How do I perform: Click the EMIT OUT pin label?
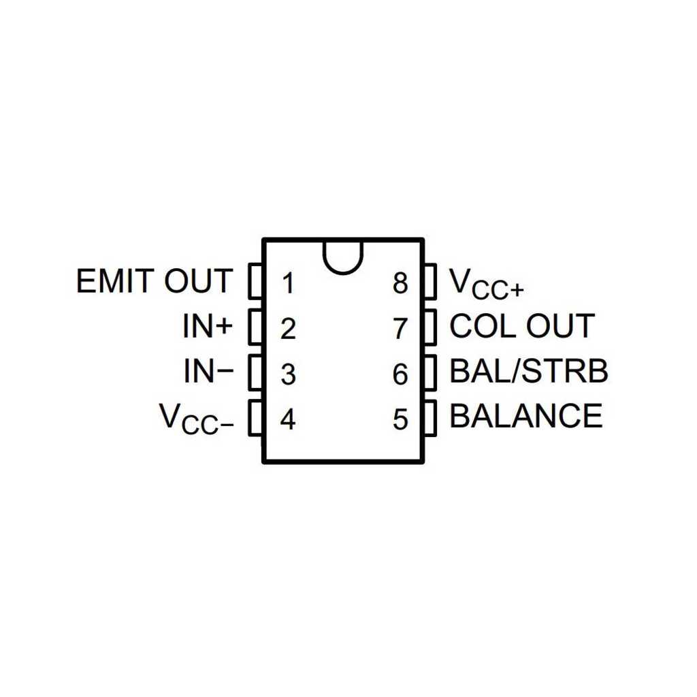pyautogui.click(x=155, y=281)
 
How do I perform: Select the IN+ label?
pyautogui.click(x=208, y=326)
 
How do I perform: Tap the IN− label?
pyautogui.click(x=208, y=371)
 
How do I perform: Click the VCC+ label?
pyautogui.click(x=487, y=283)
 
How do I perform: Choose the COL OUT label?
pyautogui.click(x=522, y=325)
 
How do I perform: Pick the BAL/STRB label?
pyautogui.click(x=529, y=371)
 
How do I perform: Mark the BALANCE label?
pyautogui.click(x=526, y=416)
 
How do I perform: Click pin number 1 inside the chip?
pyautogui.click(x=289, y=284)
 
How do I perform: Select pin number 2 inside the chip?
pyautogui.click(x=288, y=329)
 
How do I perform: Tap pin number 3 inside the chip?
pyautogui.click(x=288, y=374)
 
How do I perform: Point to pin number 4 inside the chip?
pyautogui.click(x=288, y=419)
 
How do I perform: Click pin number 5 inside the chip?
pyautogui.click(x=400, y=419)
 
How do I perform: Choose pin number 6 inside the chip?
pyautogui.click(x=400, y=374)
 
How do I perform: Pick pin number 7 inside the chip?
pyautogui.click(x=400, y=329)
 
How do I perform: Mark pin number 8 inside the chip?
pyautogui.click(x=400, y=284)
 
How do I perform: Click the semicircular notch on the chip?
pyautogui.click(x=343, y=272)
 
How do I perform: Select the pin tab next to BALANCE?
pyautogui.click(x=430, y=418)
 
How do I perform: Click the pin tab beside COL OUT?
pyautogui.click(x=430, y=327)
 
